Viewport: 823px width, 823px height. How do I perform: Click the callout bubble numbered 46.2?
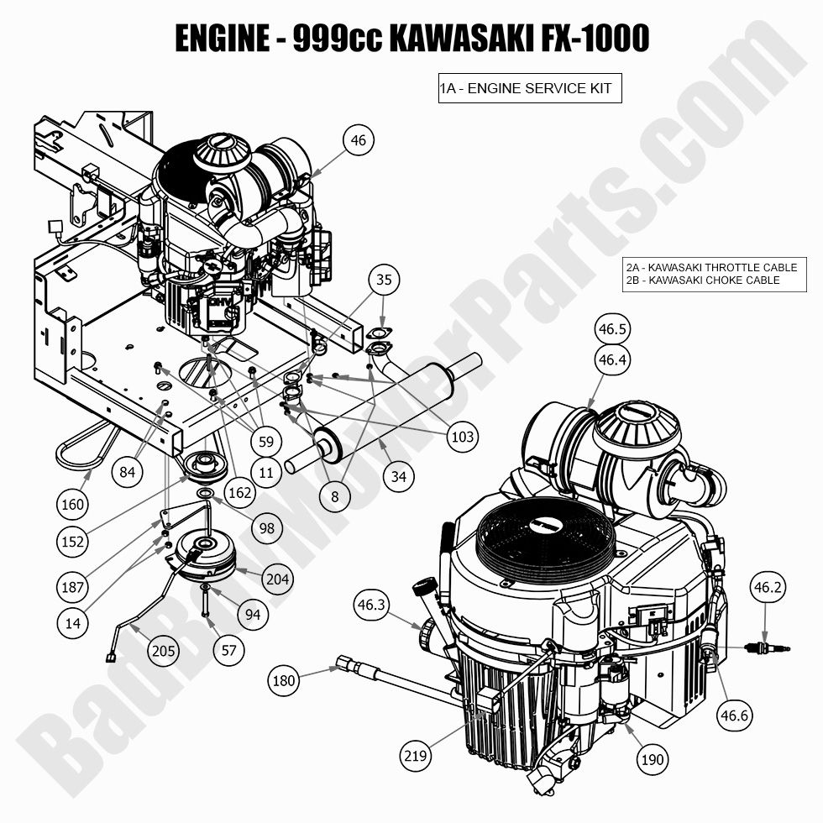pyautogui.click(x=768, y=588)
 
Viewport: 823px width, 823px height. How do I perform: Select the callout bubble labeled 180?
pyautogui.click(x=285, y=680)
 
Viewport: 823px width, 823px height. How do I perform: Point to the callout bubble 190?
pyautogui.click(x=652, y=759)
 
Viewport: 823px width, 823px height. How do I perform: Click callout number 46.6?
pyautogui.click(x=733, y=715)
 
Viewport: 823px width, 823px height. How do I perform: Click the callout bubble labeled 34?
pyautogui.click(x=399, y=477)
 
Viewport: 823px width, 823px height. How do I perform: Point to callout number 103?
pyautogui.click(x=463, y=437)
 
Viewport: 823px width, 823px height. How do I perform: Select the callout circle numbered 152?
pyautogui.click(x=73, y=542)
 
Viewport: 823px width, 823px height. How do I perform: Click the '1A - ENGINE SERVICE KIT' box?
pyautogui.click(x=530, y=88)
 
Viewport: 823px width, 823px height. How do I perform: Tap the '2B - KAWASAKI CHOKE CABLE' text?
pyautogui.click(x=703, y=280)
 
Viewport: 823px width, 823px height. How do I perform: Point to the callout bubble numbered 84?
pyautogui.click(x=127, y=472)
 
